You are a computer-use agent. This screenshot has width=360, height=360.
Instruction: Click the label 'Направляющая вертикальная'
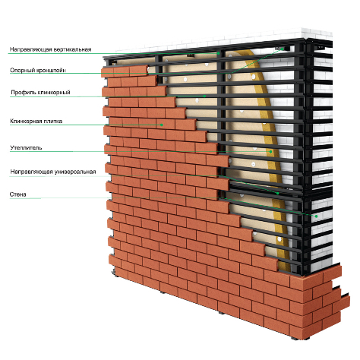pyautogui.click(x=50, y=49)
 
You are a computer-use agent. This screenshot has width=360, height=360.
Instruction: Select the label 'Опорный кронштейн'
pyautogui.click(x=38, y=70)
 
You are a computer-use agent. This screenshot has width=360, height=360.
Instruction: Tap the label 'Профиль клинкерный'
pyautogui.click(x=40, y=93)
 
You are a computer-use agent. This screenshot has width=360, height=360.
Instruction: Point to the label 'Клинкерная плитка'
pyautogui.click(x=36, y=121)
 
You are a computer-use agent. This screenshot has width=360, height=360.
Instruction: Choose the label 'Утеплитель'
pyautogui.click(x=26, y=147)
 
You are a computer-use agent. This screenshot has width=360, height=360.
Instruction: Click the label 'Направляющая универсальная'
pyautogui.click(x=53, y=172)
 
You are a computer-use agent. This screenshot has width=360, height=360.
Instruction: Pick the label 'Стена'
pyautogui.click(x=18, y=194)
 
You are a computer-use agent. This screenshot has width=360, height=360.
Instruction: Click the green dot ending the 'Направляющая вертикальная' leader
pyautogui.click(x=218, y=53)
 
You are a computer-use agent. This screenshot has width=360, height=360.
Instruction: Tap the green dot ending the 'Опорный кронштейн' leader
pyautogui.click(x=283, y=49)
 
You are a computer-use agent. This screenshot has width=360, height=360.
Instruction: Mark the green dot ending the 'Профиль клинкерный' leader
pyautogui.click(x=204, y=96)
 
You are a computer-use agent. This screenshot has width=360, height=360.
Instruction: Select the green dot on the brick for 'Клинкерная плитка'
pyautogui.click(x=161, y=125)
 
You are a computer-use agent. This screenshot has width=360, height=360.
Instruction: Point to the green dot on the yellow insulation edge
pyautogui.click(x=270, y=152)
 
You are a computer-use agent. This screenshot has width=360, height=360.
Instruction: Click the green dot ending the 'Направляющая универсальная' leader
pyautogui.click(x=278, y=193)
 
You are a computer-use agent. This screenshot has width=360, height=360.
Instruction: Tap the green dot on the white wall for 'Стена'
pyautogui.click(x=316, y=216)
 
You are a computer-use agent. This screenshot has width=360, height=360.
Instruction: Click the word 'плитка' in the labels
pyautogui.click(x=53, y=121)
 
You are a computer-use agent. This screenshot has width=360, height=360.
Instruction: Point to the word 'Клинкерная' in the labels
pyautogui.click(x=26, y=121)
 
